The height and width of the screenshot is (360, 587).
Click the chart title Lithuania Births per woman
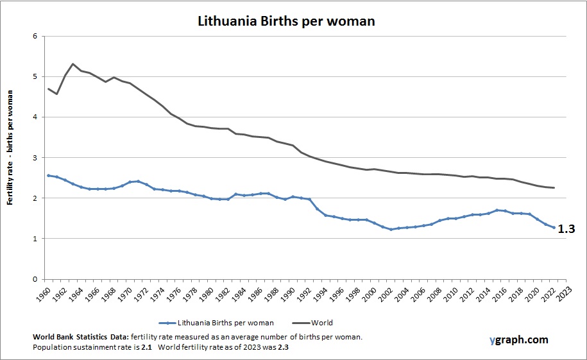(x=285, y=21)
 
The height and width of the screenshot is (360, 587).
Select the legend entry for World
(x=323, y=323)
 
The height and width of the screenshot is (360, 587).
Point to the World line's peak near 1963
(x=73, y=64)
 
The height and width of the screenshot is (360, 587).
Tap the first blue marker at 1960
(x=48, y=175)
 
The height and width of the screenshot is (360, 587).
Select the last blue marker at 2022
(x=554, y=227)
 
